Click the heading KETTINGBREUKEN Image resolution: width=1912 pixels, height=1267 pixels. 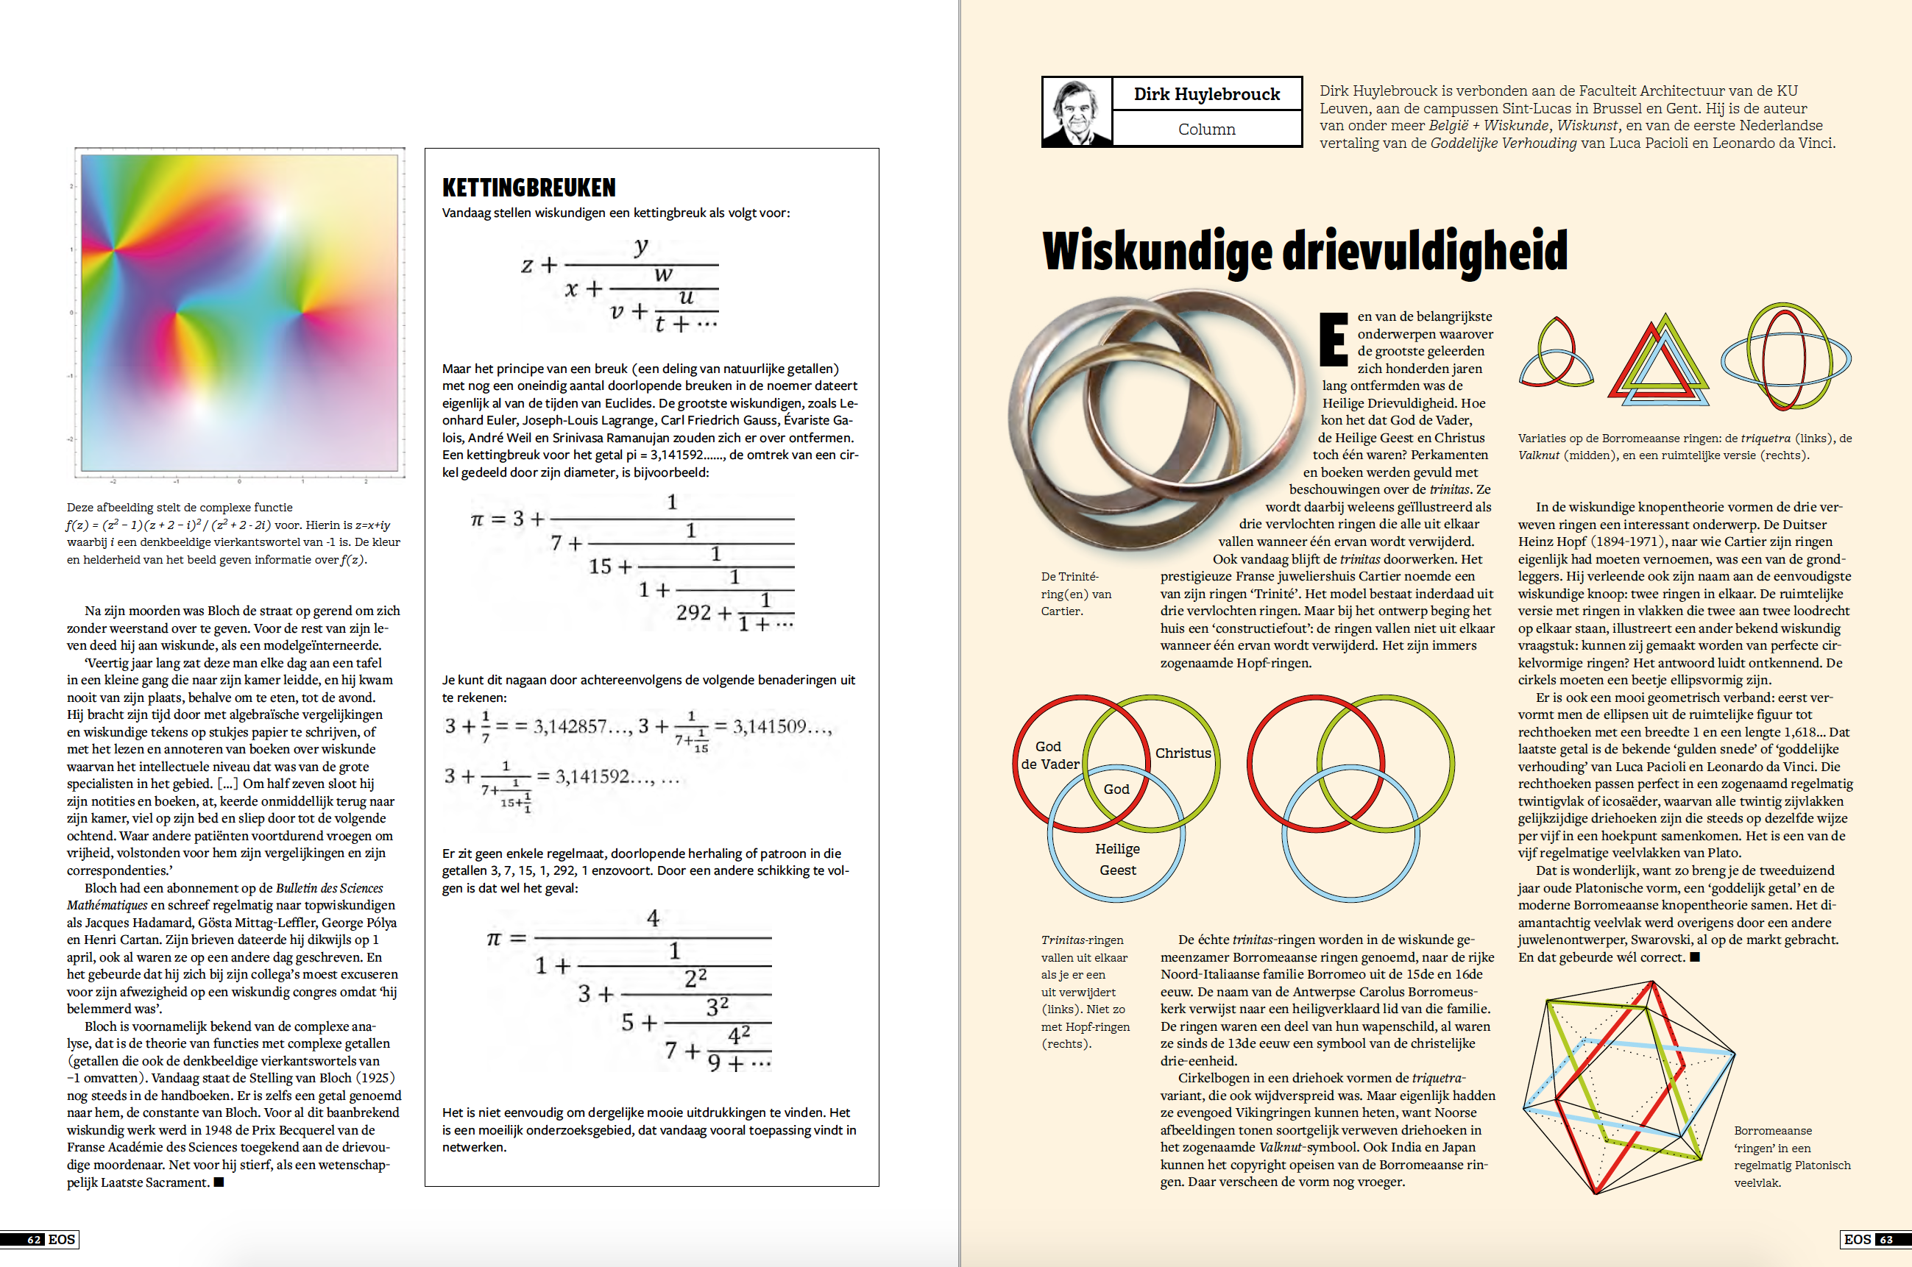pyautogui.click(x=528, y=188)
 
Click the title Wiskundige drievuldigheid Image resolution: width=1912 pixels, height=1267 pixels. pyautogui.click(x=1304, y=252)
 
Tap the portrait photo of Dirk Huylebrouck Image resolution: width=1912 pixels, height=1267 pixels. pyautogui.click(x=1077, y=113)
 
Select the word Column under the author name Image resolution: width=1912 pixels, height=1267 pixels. pyautogui.click(x=1205, y=129)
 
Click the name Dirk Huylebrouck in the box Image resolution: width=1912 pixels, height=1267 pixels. pyautogui.click(x=1205, y=94)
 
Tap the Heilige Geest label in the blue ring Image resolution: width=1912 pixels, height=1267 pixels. pyautogui.click(x=1117, y=859)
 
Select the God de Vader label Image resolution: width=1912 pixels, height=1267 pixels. pyautogui.click(x=1049, y=756)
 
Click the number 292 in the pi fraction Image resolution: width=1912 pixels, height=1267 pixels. pyautogui.click(x=693, y=612)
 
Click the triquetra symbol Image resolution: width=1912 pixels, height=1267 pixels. pyautogui.click(x=1556, y=352)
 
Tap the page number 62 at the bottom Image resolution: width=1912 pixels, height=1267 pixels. pyautogui.click(x=34, y=1240)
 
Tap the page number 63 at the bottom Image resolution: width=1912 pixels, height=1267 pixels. pyautogui.click(x=1885, y=1240)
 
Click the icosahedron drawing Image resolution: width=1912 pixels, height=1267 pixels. pyautogui.click(x=1626, y=1087)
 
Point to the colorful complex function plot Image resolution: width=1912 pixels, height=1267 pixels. pyautogui.click(x=239, y=313)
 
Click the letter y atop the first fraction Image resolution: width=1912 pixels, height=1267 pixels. pyautogui.click(x=641, y=246)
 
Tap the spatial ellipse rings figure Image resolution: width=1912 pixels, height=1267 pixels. pyautogui.click(x=1786, y=356)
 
